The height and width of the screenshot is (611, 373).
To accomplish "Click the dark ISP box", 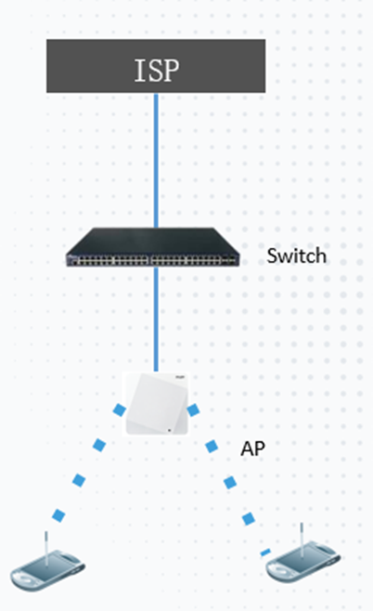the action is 156,66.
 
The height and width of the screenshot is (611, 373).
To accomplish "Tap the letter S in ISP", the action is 154,71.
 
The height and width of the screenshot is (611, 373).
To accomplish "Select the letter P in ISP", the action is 171,71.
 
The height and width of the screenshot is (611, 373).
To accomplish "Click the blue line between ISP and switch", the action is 156,160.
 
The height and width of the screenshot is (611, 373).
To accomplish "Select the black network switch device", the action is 152,247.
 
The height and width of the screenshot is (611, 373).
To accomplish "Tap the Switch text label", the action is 296,255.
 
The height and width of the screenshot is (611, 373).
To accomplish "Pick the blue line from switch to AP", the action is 156,319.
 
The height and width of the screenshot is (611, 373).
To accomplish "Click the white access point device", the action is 157,404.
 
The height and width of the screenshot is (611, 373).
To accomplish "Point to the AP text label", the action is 253,448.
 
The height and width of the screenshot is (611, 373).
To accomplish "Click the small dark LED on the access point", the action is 170,430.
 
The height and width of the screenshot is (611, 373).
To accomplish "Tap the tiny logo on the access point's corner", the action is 179,377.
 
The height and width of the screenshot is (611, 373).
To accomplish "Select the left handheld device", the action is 47,565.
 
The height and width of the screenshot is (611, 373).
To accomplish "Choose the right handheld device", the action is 303,558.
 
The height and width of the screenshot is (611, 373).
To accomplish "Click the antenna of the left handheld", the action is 46,547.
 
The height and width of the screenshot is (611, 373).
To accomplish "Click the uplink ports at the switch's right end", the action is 229,259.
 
